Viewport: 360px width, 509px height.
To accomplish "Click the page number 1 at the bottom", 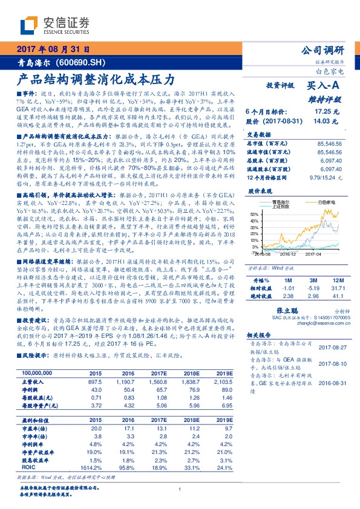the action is pos(180,490).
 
